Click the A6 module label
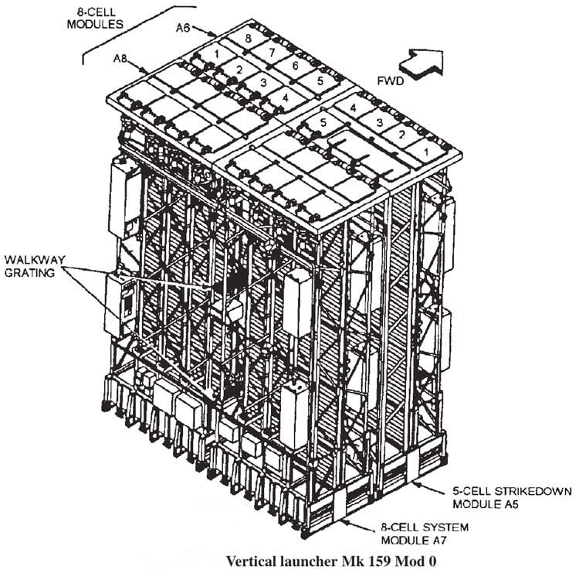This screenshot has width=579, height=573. [183, 27]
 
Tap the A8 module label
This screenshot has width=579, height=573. [120, 59]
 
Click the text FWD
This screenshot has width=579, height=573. [391, 80]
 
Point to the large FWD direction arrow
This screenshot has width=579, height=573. [421, 63]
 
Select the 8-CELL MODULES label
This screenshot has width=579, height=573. [95, 18]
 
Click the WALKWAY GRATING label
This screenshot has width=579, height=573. [35, 266]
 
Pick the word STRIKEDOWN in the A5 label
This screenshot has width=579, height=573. [533, 492]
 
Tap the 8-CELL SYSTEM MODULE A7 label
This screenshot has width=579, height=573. [425, 534]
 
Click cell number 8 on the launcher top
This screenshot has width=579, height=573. [248, 38]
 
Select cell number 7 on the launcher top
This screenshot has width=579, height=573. [272, 52]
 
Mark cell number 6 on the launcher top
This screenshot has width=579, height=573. [295, 65]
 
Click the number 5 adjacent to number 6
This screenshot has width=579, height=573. [320, 80]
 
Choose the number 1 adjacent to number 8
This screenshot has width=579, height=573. [217, 53]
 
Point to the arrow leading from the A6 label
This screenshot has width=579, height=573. [204, 31]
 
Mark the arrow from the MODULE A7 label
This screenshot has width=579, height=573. [358, 526]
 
